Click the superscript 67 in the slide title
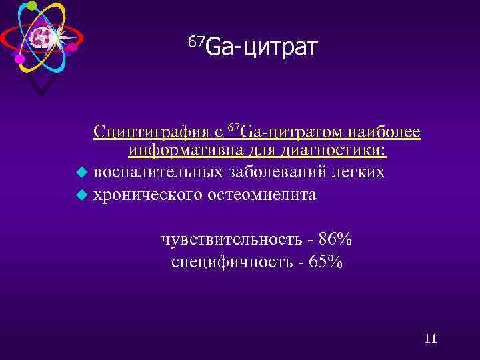(x=196, y=42)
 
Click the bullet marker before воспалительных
(x=81, y=173)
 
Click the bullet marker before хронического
(x=81, y=195)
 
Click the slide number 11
(x=430, y=339)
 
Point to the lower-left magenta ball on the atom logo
(x=19, y=59)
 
